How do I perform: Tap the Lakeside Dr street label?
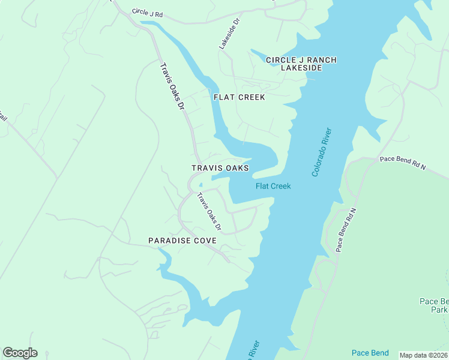tap(229, 33)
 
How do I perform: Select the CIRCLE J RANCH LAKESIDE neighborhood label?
tap(301, 64)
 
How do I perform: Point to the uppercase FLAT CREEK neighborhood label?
tap(239, 97)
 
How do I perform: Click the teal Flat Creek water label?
tap(273, 186)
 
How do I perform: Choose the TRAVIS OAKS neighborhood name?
tap(220, 169)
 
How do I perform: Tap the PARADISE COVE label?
tap(182, 241)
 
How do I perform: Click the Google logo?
tap(20, 353)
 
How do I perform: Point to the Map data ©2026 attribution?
tap(424, 355)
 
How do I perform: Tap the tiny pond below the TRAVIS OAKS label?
tap(201, 184)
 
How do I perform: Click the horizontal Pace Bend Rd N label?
tap(402, 163)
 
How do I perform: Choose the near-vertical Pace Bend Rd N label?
tap(346, 230)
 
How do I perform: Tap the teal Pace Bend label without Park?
tap(370, 353)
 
